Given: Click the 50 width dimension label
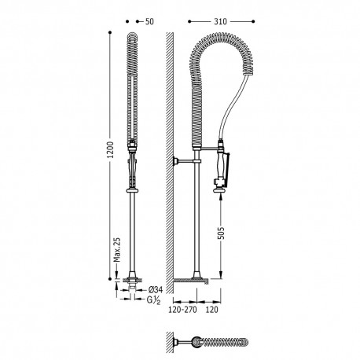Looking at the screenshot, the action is [149, 21].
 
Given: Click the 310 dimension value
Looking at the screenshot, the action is [220, 21].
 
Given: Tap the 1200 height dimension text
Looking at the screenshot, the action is [111, 149].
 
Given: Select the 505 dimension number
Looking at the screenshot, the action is [222, 233].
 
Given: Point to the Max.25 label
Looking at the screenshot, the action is [117, 250].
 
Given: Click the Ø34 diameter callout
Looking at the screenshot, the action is [156, 290].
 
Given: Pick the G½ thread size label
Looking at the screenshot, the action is [153, 300].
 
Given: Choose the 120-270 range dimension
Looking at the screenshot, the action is [182, 310].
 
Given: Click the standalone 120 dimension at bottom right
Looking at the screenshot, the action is [211, 310].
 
